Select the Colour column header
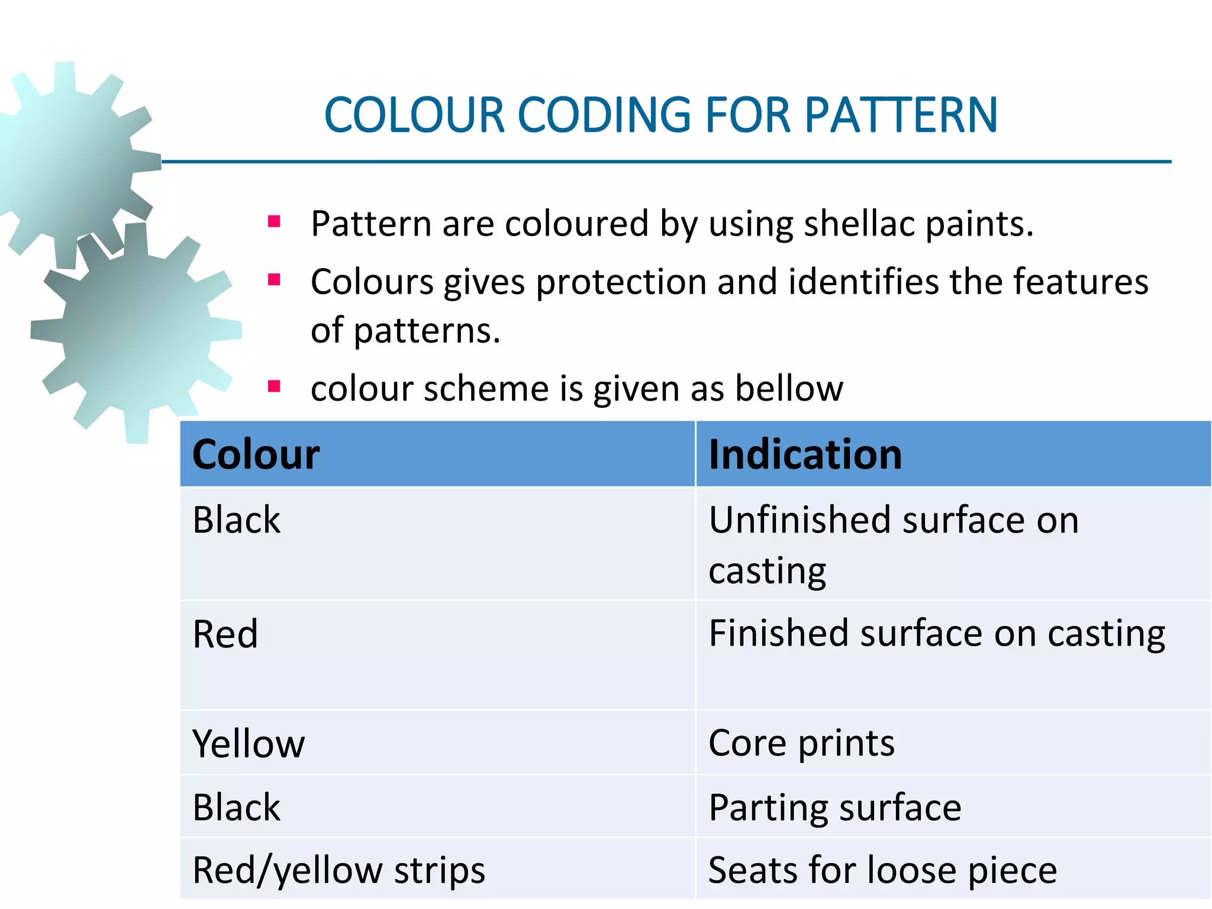point(256,454)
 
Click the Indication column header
point(805,454)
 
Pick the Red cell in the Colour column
point(225,634)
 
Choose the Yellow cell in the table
point(249,743)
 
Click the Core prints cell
point(801,743)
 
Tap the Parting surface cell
point(834,808)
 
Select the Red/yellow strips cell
point(339,871)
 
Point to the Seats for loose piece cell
point(882,871)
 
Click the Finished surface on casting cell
point(936,634)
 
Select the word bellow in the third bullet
point(789,389)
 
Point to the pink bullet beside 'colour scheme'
point(274,386)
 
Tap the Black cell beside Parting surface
point(237,808)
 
